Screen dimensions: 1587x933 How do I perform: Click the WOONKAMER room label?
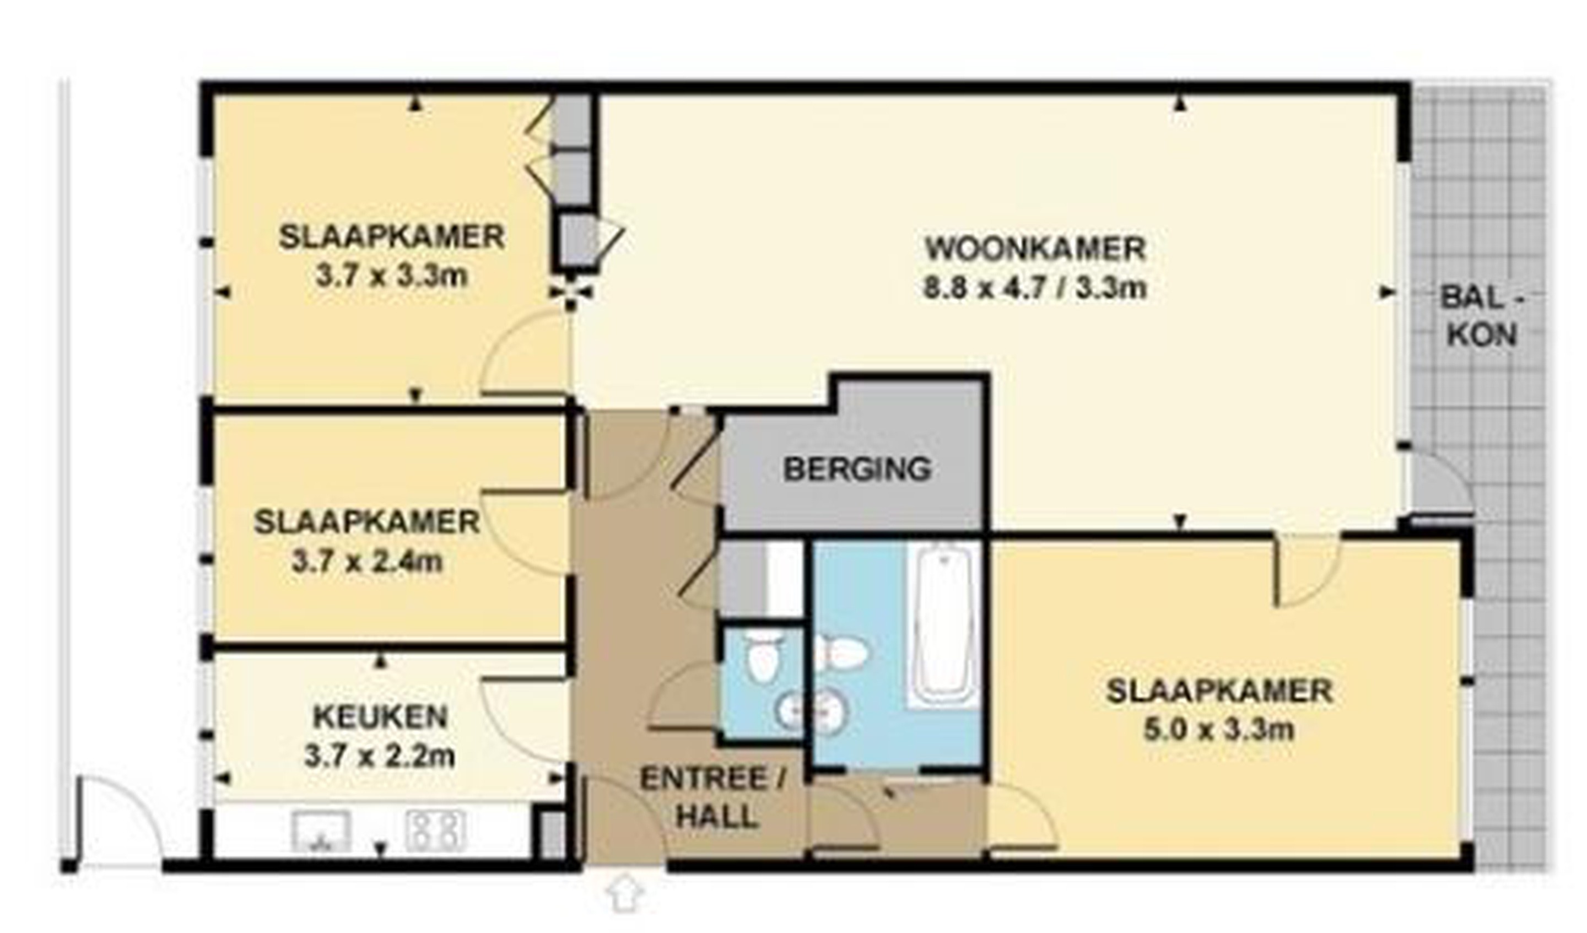(1035, 249)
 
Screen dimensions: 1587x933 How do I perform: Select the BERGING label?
(856, 469)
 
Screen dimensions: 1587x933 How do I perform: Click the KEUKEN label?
(380, 717)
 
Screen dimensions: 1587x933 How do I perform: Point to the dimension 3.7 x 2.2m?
(379, 756)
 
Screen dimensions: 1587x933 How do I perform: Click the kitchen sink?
(322, 830)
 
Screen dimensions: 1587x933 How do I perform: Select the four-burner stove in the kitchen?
(436, 830)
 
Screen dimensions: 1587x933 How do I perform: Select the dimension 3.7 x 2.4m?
(367, 562)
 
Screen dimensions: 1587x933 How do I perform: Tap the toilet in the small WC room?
(763, 656)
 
